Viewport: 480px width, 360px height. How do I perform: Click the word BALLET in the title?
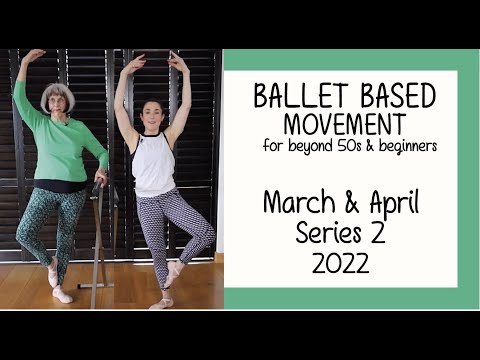pyautogui.click(x=290, y=97)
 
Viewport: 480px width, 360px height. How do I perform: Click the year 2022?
pyautogui.click(x=340, y=263)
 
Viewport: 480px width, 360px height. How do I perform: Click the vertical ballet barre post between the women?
pyautogui.click(x=97, y=240)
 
